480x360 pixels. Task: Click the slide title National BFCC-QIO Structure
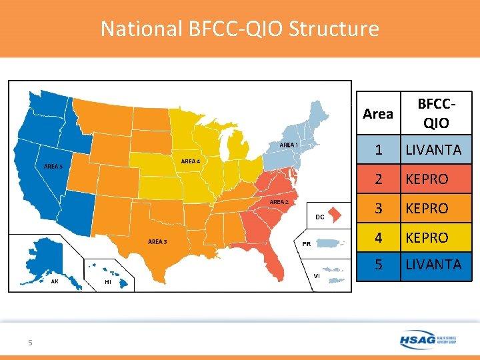(239, 29)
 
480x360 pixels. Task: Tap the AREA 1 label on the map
(289, 145)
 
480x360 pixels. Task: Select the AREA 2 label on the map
(279, 201)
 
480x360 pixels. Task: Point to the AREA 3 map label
(157, 241)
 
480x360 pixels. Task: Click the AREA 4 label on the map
(190, 161)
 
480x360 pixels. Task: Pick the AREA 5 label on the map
(53, 166)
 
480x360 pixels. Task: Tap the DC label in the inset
(320, 217)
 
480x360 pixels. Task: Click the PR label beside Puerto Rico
(307, 244)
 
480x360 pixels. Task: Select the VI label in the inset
(317, 275)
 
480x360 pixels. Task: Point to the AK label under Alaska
(55, 281)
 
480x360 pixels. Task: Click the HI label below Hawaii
(109, 282)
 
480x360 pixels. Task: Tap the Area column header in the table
(378, 114)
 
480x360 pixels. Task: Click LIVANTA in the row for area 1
(433, 150)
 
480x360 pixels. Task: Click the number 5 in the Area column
(378, 265)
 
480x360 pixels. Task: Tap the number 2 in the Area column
(378, 179)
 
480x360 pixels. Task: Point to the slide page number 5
(30, 343)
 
